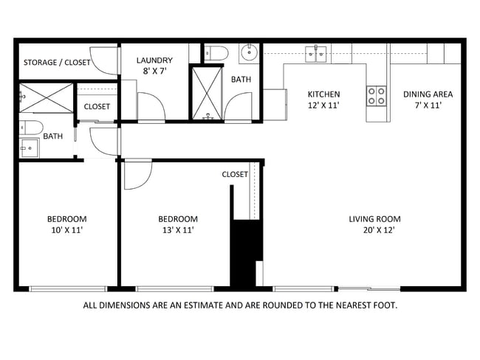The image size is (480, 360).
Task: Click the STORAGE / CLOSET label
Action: click(x=56, y=63)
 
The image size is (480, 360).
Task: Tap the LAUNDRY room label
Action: click(x=154, y=60)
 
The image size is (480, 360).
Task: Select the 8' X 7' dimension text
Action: click(x=154, y=72)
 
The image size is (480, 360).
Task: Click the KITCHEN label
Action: click(x=323, y=94)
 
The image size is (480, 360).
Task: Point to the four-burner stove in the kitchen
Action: click(x=376, y=94)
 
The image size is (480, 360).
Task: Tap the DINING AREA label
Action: click(x=428, y=94)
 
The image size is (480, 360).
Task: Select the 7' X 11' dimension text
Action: click(x=428, y=105)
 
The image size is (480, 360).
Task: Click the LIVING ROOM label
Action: click(x=374, y=219)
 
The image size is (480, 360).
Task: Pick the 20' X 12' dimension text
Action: click(x=374, y=230)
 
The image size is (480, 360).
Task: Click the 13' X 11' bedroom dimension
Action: click(x=178, y=230)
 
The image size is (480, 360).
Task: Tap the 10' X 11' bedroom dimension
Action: click(x=66, y=230)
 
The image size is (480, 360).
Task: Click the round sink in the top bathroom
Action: click(x=247, y=52)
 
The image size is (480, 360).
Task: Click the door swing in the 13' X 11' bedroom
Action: click(x=136, y=174)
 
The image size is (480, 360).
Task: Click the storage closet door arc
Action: click(x=109, y=61)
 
